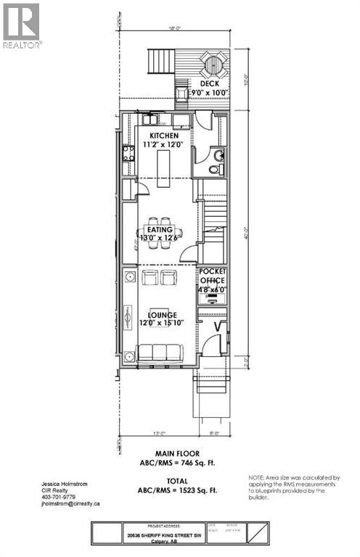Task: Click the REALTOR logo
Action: point(22,25)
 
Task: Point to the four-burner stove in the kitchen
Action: point(128,153)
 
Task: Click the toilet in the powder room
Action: point(213,170)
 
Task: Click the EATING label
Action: point(160,230)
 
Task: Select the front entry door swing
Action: point(213,346)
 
